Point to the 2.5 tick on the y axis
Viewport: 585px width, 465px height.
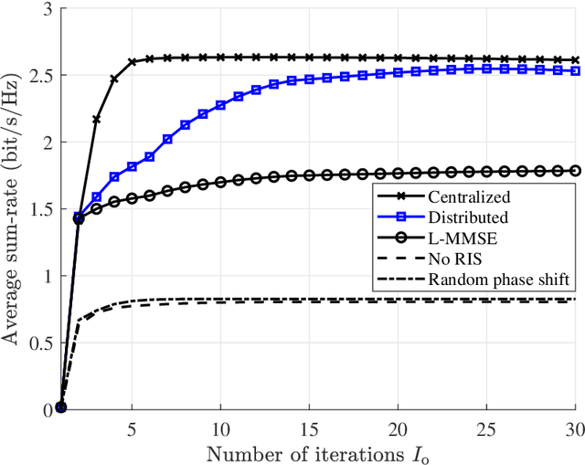tap(39, 76)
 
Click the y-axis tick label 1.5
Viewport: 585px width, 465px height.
tap(39, 209)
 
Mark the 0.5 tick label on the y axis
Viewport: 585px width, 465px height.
tap(39, 343)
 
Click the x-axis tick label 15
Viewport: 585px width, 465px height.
tap(308, 428)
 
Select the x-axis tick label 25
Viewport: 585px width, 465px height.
tap(486, 428)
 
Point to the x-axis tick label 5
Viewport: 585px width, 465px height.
tap(132, 428)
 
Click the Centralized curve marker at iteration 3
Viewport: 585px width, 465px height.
tap(96, 120)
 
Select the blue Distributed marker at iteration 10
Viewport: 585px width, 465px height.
tap(220, 105)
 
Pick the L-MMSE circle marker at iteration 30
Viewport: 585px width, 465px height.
tap(575, 170)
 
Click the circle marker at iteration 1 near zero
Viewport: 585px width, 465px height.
tap(60, 407)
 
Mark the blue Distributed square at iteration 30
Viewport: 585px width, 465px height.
tap(575, 70)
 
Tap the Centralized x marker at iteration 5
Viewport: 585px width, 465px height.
tap(132, 62)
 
